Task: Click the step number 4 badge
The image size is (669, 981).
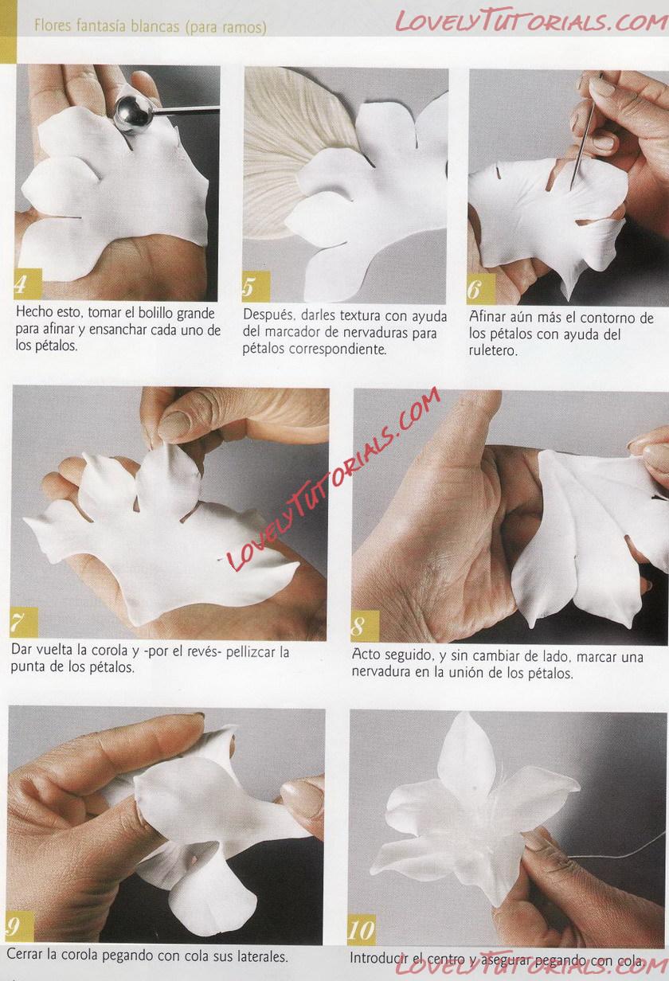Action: (x=28, y=283)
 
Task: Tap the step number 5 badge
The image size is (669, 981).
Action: (x=256, y=286)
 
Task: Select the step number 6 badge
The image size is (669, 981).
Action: (x=480, y=288)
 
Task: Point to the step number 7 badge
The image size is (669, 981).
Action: (x=24, y=622)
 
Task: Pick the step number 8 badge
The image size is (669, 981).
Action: (x=365, y=625)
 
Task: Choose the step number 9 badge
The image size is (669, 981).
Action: (x=20, y=927)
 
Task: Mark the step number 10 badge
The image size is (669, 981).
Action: (x=362, y=930)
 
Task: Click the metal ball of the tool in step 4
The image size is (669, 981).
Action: (x=133, y=115)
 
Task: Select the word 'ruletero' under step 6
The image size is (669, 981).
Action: (x=492, y=351)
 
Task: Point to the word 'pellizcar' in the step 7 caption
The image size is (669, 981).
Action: (x=257, y=653)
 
